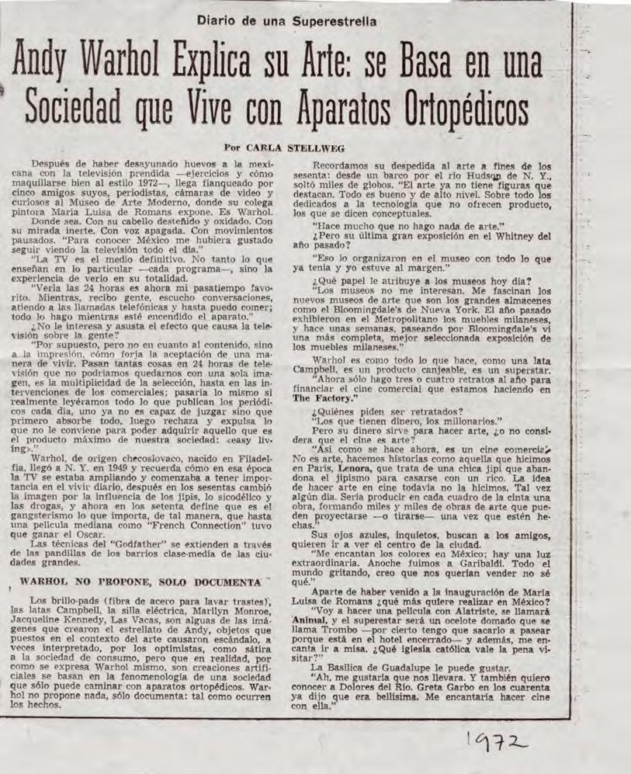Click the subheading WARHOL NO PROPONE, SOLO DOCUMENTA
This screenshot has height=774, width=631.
coord(140,581)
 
